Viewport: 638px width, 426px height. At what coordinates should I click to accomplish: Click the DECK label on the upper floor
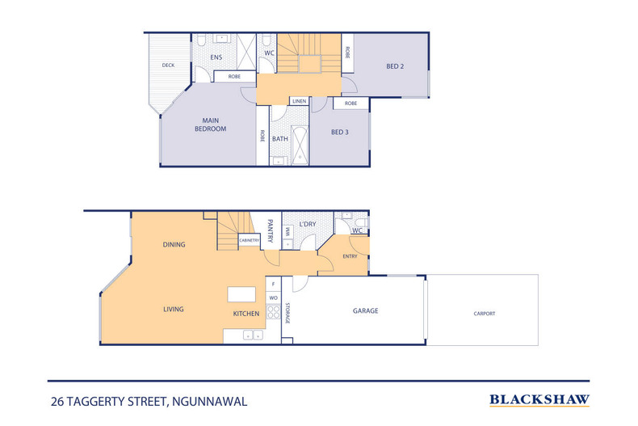point(168,65)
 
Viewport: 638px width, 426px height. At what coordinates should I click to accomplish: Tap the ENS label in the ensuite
point(216,57)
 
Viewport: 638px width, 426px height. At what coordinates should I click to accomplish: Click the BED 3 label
point(339,133)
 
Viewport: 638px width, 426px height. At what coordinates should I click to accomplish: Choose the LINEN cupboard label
point(299,101)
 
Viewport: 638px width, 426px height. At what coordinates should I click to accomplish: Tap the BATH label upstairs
point(279,139)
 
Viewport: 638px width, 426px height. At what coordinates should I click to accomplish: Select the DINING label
point(174,245)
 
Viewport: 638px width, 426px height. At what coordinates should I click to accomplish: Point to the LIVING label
point(173,309)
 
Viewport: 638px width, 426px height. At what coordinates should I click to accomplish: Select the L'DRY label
point(308,223)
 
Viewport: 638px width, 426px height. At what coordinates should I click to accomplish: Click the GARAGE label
point(365,310)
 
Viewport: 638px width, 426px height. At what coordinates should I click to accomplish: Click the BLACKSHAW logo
point(539,399)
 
